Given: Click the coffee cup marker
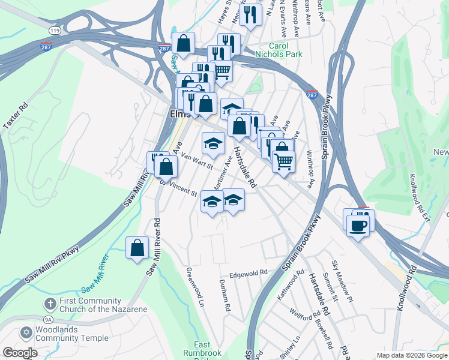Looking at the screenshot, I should click(x=358, y=226).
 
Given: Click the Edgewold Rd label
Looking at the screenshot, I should click(x=247, y=273).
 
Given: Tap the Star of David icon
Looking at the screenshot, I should click(x=26, y=332).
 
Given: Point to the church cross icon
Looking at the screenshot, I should click(x=50, y=305).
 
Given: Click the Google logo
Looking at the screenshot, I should click(x=20, y=353).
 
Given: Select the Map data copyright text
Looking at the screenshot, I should click(x=411, y=355).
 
